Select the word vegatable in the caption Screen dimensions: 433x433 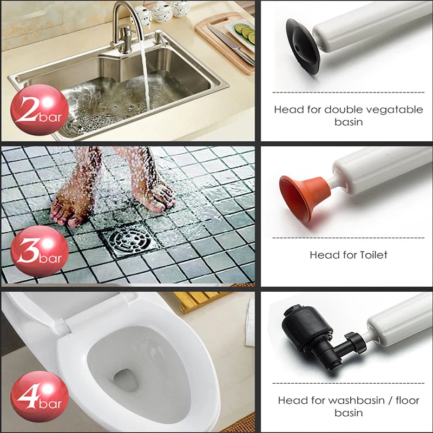(389, 109)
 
